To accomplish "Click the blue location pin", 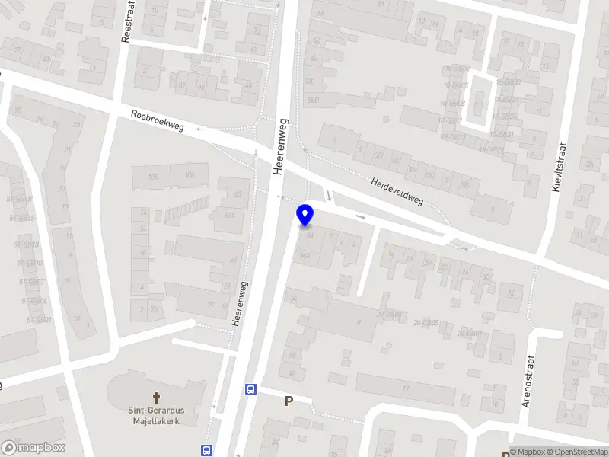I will (305, 216).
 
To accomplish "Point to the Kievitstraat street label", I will (560, 166).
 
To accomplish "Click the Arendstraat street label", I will (527, 382).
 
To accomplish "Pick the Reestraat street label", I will (128, 21).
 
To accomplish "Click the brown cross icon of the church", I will (157, 397).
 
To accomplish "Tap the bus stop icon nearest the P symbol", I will (250, 390).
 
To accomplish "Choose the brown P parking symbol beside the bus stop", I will (289, 401).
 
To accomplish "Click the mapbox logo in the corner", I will (33, 448).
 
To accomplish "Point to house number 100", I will (154, 177).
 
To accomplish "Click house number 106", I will (189, 175).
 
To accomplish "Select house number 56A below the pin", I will (306, 256).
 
